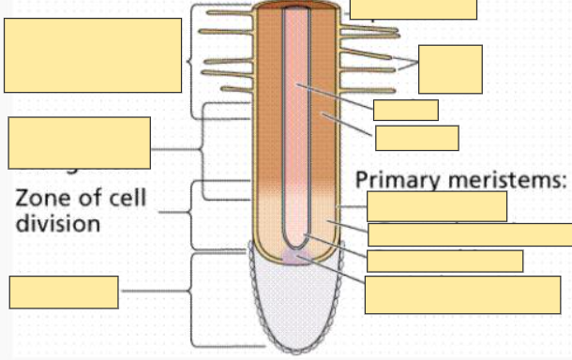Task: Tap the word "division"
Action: (58, 225)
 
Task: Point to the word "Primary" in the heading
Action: (401, 180)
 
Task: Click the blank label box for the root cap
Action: (64, 292)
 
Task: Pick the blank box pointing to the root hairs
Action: (450, 68)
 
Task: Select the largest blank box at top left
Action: (93, 55)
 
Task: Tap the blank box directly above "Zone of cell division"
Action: (79, 142)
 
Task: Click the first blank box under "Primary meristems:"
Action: (436, 206)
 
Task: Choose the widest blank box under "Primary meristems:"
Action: (469, 234)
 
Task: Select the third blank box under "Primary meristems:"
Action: (444, 261)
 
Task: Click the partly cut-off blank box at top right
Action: (413, 9)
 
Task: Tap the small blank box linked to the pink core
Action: (405, 110)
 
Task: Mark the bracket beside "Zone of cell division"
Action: (195, 214)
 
